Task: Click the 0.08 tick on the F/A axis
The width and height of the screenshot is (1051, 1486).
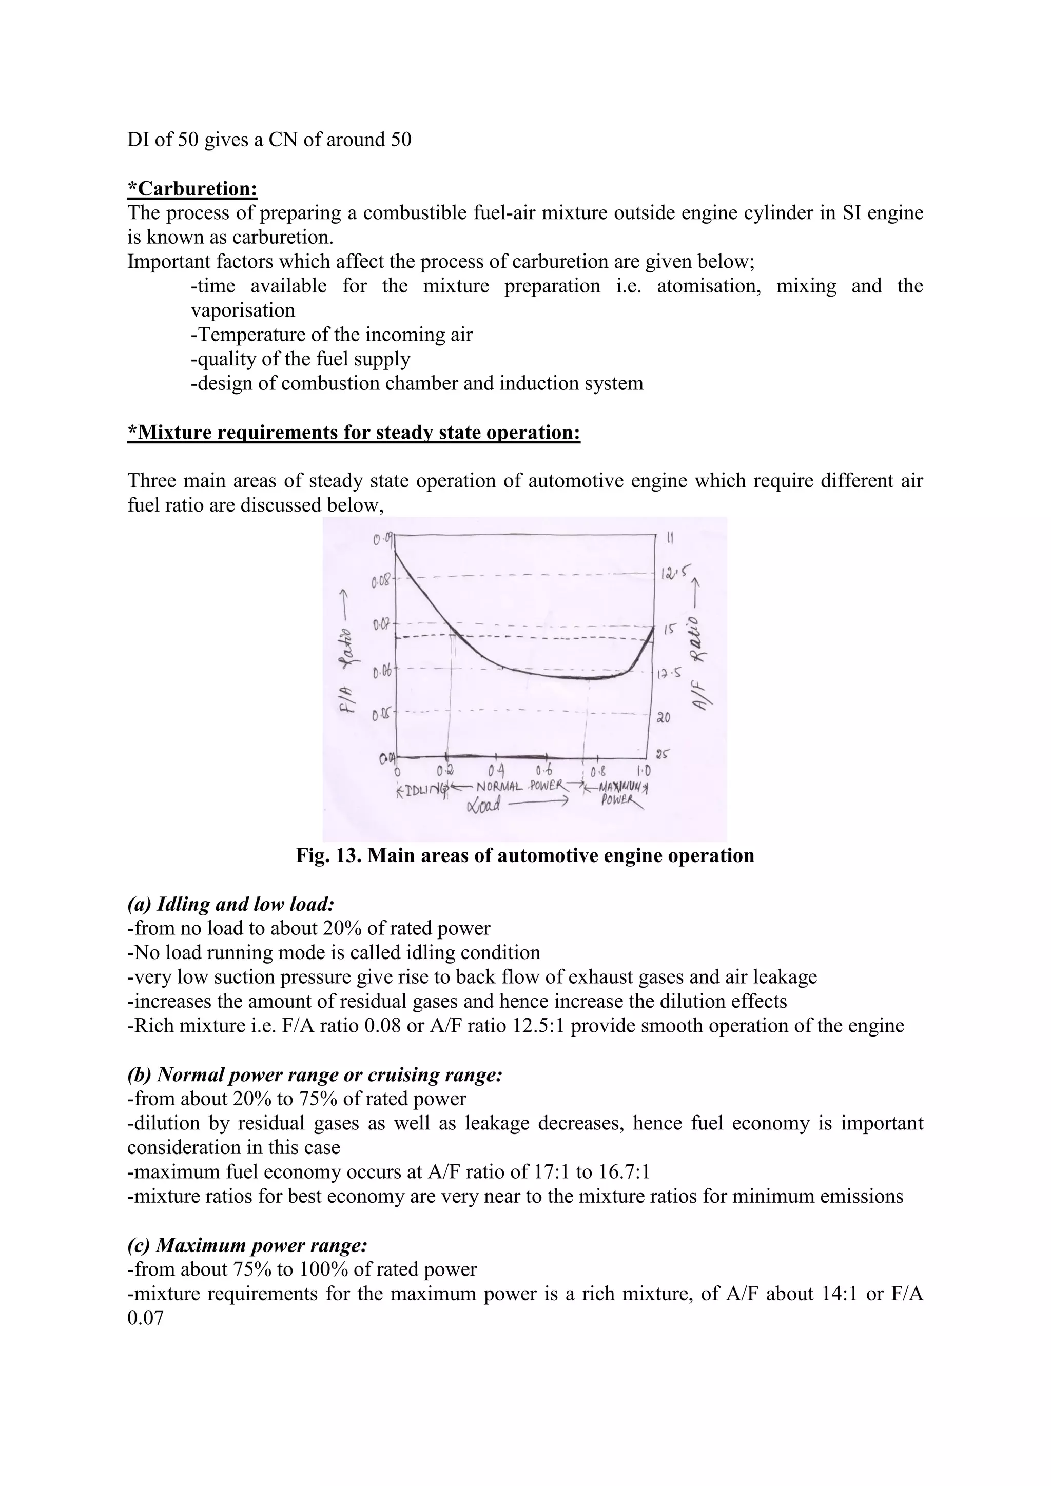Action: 381,581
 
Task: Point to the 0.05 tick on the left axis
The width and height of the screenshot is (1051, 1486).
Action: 381,715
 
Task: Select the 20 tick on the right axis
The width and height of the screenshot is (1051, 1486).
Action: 665,718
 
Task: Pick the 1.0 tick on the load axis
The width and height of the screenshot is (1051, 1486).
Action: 644,770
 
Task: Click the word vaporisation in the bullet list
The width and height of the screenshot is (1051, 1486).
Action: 243,310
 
